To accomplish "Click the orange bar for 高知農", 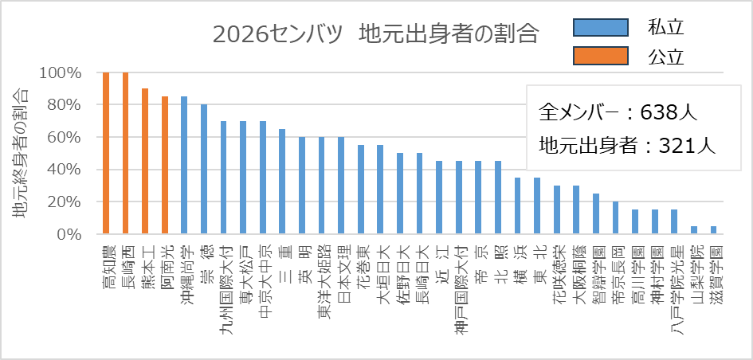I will pos(106,153).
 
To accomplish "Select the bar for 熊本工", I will pos(145,161).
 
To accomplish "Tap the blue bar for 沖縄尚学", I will pos(184,165).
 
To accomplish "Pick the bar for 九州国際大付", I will pos(223,178).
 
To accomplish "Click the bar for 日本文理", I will pos(341,186).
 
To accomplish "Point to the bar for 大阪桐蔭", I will pos(576,209).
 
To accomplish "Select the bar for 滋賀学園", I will pos(713,230).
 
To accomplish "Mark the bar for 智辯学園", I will pos(596,213).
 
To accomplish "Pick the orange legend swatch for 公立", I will pos(601,57).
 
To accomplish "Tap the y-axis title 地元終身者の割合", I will pos(22,155).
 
